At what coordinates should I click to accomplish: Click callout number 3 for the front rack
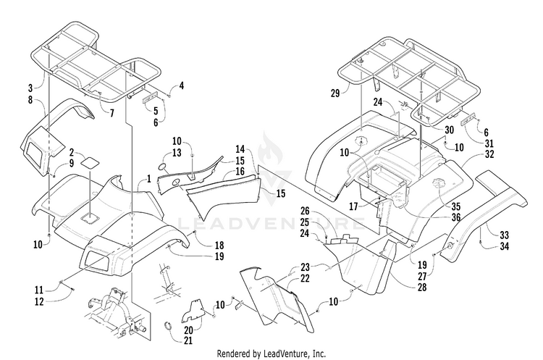(31, 87)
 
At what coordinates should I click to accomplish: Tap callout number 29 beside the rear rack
(335, 93)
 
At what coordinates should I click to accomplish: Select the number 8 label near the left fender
(31, 100)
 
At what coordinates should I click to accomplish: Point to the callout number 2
(72, 152)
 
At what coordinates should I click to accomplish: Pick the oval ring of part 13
(162, 167)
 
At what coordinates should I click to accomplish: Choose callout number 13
(177, 152)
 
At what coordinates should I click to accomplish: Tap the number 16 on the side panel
(240, 172)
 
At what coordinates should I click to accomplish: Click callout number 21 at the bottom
(188, 340)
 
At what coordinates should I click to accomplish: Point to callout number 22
(305, 278)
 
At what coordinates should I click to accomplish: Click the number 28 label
(422, 287)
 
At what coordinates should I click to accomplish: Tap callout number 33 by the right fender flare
(505, 235)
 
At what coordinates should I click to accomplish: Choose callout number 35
(456, 206)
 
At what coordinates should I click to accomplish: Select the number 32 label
(489, 154)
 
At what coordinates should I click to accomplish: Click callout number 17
(353, 206)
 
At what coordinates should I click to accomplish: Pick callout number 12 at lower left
(39, 301)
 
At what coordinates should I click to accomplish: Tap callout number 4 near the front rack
(181, 86)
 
